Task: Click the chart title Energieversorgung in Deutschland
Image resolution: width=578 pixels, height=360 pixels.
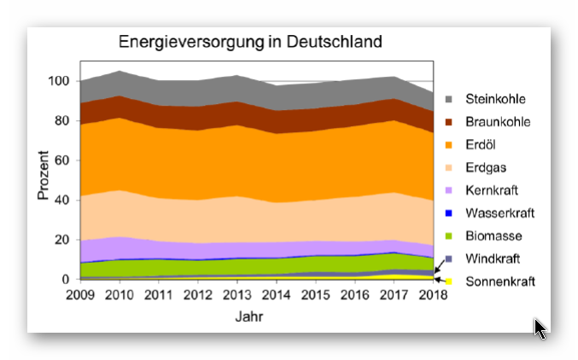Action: tap(249, 42)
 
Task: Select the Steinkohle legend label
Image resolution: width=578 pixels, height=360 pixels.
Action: tap(496, 99)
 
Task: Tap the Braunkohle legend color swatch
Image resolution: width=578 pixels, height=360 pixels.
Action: tap(448, 122)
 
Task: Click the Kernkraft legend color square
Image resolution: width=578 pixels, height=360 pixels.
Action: tap(448, 190)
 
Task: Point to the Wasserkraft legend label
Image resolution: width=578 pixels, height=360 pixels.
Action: tap(500, 212)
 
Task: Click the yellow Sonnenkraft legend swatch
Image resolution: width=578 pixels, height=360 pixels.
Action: tap(448, 281)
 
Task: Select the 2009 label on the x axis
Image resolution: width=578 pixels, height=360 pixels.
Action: tap(81, 295)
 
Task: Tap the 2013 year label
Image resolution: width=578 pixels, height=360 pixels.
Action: tap(236, 295)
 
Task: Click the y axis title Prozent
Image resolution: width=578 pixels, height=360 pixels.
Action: tap(43, 176)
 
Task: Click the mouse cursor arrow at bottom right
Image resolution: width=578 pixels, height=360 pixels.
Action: tap(540, 328)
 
